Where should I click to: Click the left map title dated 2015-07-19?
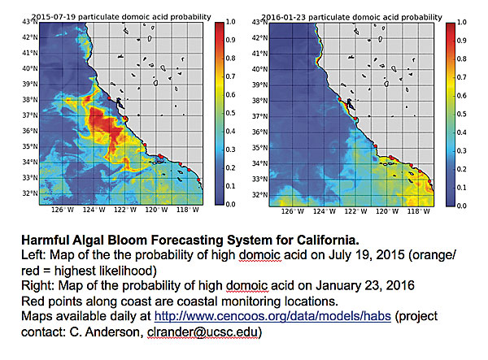[x=115, y=15]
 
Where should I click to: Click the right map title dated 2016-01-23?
[x=355, y=15]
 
